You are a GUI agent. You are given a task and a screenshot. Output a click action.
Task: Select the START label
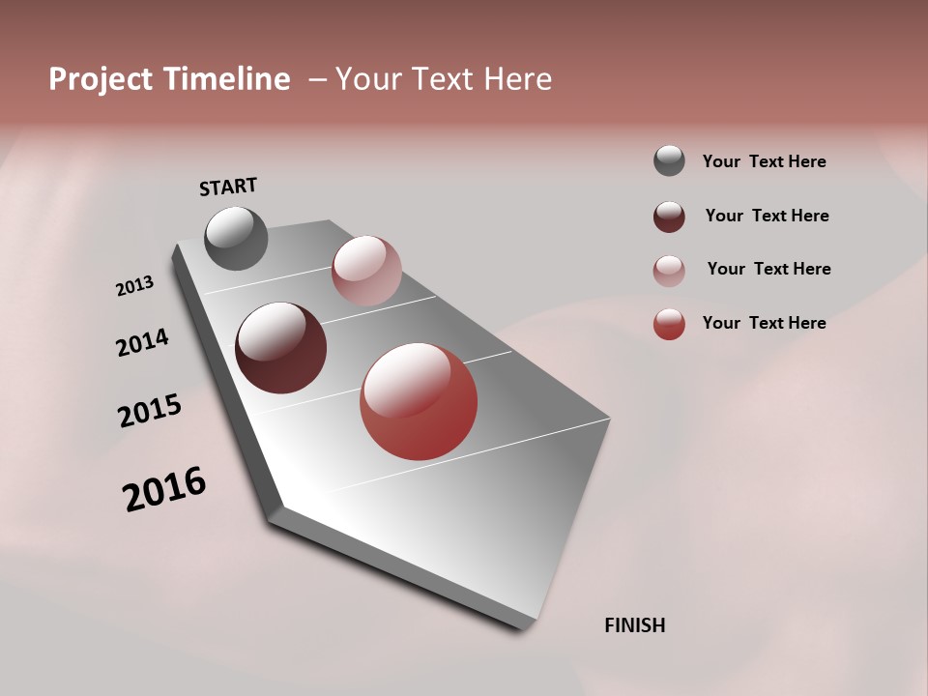[x=228, y=187]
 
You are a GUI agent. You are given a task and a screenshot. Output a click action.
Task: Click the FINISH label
[x=635, y=625]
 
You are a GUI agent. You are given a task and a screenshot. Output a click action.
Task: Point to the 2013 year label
[x=134, y=286]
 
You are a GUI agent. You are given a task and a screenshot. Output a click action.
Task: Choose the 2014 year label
[x=142, y=342]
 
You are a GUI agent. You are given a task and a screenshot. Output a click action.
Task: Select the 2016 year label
[x=164, y=489]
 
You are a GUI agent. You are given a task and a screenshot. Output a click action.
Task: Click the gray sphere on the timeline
[x=237, y=238]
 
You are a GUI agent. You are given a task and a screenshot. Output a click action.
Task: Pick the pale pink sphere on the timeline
[x=366, y=270]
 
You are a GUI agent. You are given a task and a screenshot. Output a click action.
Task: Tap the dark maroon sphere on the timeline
[x=280, y=348]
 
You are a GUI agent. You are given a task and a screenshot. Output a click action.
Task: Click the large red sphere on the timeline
[x=419, y=401]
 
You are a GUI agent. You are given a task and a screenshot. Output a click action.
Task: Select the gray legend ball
[x=669, y=161]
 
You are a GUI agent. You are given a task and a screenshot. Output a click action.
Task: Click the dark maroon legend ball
[x=669, y=217]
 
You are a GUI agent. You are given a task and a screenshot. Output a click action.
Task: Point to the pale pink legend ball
[x=669, y=271]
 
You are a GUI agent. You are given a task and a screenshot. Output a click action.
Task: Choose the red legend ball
[x=669, y=324]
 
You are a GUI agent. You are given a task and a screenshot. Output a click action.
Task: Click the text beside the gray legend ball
[x=764, y=161]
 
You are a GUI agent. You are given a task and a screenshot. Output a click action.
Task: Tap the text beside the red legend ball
[x=764, y=323]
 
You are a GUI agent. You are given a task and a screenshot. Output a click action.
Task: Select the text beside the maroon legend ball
[x=767, y=216]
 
